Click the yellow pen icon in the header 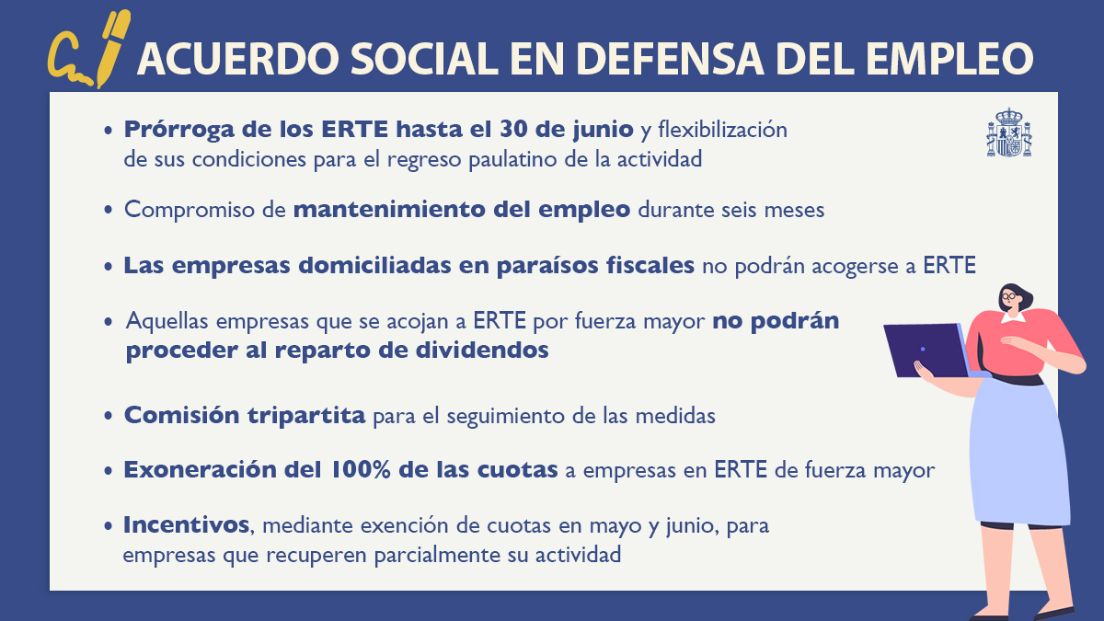click(113, 48)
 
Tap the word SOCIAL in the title click(424, 59)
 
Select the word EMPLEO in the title click(949, 59)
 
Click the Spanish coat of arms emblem click(1009, 132)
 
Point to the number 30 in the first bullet click(513, 129)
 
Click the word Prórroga click(178, 130)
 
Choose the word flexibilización click(722, 130)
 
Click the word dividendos click(481, 350)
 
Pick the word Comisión click(182, 415)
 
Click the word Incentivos click(186, 525)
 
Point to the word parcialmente click(437, 556)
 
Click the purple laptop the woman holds click(926, 351)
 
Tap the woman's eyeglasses click(1009, 296)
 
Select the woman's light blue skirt click(1018, 453)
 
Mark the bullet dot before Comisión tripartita click(109, 416)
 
